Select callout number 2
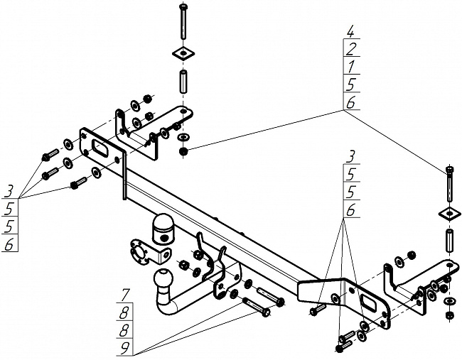pos(351,50)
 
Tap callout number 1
pos(351,67)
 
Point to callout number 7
pos(124,293)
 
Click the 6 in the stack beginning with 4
pos(351,103)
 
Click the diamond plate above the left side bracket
pos(183,53)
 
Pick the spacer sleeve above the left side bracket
pos(183,82)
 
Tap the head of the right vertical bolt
pos(448,169)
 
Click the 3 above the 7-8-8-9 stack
pos(351,156)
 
